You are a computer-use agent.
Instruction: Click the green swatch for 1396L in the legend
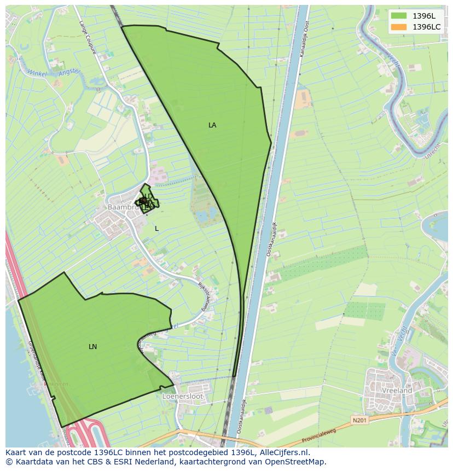399,16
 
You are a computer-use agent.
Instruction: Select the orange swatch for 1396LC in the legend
399,27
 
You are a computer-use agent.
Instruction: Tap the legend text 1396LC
427,27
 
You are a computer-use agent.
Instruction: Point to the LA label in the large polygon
212,125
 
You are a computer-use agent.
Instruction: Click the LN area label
92,347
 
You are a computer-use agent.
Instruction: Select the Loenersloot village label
183,396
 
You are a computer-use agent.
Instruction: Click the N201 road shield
358,420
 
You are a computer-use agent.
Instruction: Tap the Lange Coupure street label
87,38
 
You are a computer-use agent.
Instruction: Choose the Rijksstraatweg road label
205,296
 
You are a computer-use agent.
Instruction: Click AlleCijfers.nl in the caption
284,452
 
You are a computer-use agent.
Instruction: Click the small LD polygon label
148,196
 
